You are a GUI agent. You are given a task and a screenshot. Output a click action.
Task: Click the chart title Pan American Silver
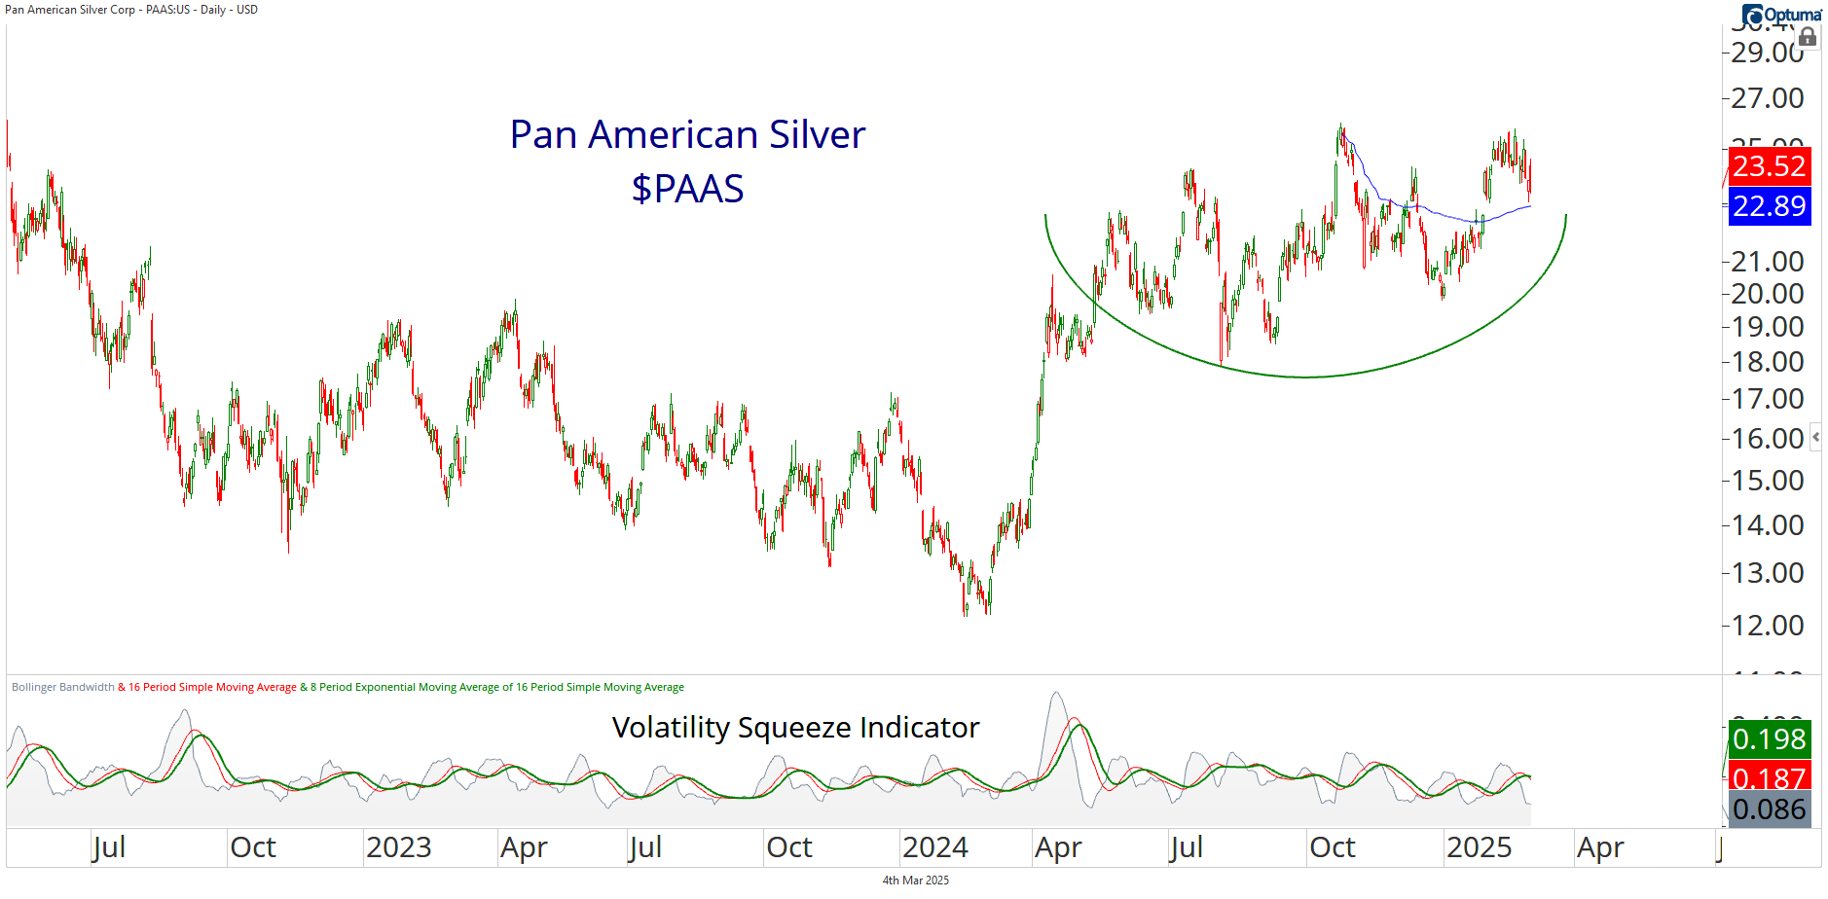[687, 134]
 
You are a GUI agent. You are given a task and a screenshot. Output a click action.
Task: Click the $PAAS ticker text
[687, 188]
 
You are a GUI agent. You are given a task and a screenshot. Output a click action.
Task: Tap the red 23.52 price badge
[1769, 165]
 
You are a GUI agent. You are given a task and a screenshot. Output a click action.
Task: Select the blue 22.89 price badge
[1769, 206]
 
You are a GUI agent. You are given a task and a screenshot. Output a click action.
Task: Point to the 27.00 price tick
[1767, 98]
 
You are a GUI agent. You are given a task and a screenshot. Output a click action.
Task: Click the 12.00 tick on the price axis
[1767, 625]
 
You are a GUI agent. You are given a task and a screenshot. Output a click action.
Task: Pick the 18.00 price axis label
[1767, 362]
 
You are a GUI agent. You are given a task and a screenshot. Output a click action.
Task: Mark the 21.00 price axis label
[1767, 262]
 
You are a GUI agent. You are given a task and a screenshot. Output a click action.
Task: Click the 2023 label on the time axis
[399, 847]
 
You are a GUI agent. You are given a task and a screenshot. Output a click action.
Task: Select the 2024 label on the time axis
[934, 847]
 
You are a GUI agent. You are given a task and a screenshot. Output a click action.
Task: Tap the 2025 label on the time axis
[1479, 847]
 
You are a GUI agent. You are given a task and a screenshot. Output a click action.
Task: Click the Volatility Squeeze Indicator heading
[795, 728]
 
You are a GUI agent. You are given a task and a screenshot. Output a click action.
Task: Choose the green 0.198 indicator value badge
[1769, 738]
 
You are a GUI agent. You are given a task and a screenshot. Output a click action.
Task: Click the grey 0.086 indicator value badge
[1769, 809]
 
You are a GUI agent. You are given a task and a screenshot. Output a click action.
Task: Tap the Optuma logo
[1782, 15]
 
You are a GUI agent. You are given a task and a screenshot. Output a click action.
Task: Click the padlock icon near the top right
[1808, 37]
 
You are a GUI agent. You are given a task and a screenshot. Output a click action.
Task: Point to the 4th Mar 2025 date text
[915, 881]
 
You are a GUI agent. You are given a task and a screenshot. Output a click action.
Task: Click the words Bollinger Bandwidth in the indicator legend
[63, 687]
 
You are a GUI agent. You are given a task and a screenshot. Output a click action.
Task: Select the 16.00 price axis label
[1767, 439]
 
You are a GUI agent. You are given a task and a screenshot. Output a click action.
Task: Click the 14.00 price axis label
[1767, 525]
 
